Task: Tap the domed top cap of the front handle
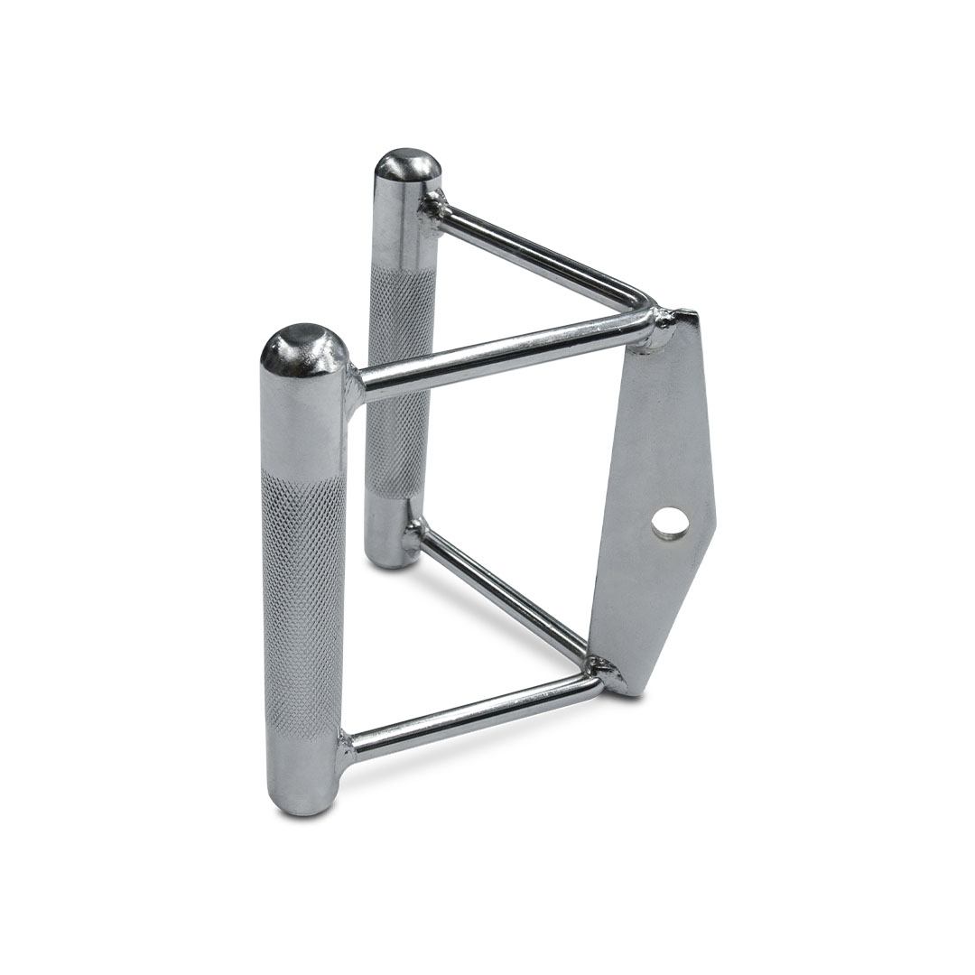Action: click(x=304, y=348)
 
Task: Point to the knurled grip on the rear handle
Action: click(x=398, y=379)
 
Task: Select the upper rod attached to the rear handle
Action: click(x=533, y=253)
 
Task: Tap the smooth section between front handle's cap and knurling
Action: click(x=304, y=424)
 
